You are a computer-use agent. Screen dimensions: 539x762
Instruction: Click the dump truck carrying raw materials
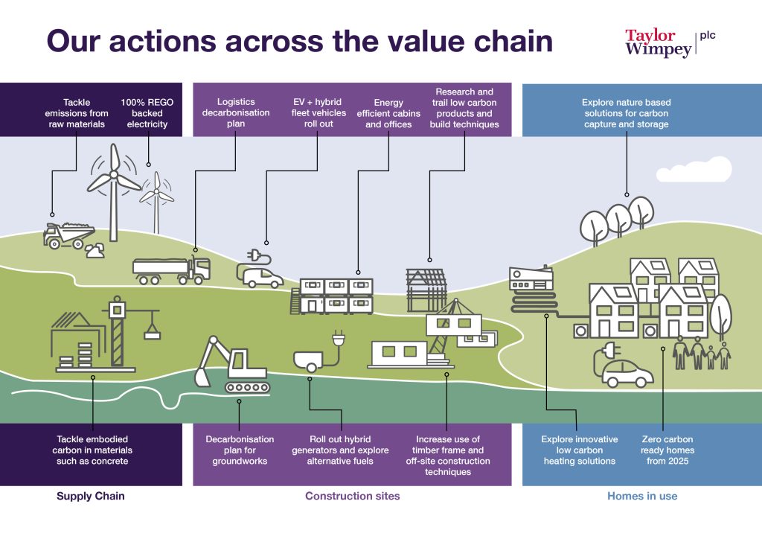[66, 234]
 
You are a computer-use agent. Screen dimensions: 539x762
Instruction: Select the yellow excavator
[231, 365]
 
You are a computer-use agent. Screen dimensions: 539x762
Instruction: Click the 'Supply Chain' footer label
[91, 496]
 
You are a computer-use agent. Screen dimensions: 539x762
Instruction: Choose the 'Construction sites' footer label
[352, 496]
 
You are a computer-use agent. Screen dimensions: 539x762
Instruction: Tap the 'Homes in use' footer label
[642, 496]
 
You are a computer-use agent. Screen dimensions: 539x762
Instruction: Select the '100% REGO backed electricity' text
[147, 113]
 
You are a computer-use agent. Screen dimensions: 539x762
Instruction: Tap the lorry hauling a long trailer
[171, 269]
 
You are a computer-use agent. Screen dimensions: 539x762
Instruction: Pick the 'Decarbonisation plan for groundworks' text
[240, 450]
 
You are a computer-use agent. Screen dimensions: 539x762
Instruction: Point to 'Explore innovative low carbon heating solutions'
[580, 450]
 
